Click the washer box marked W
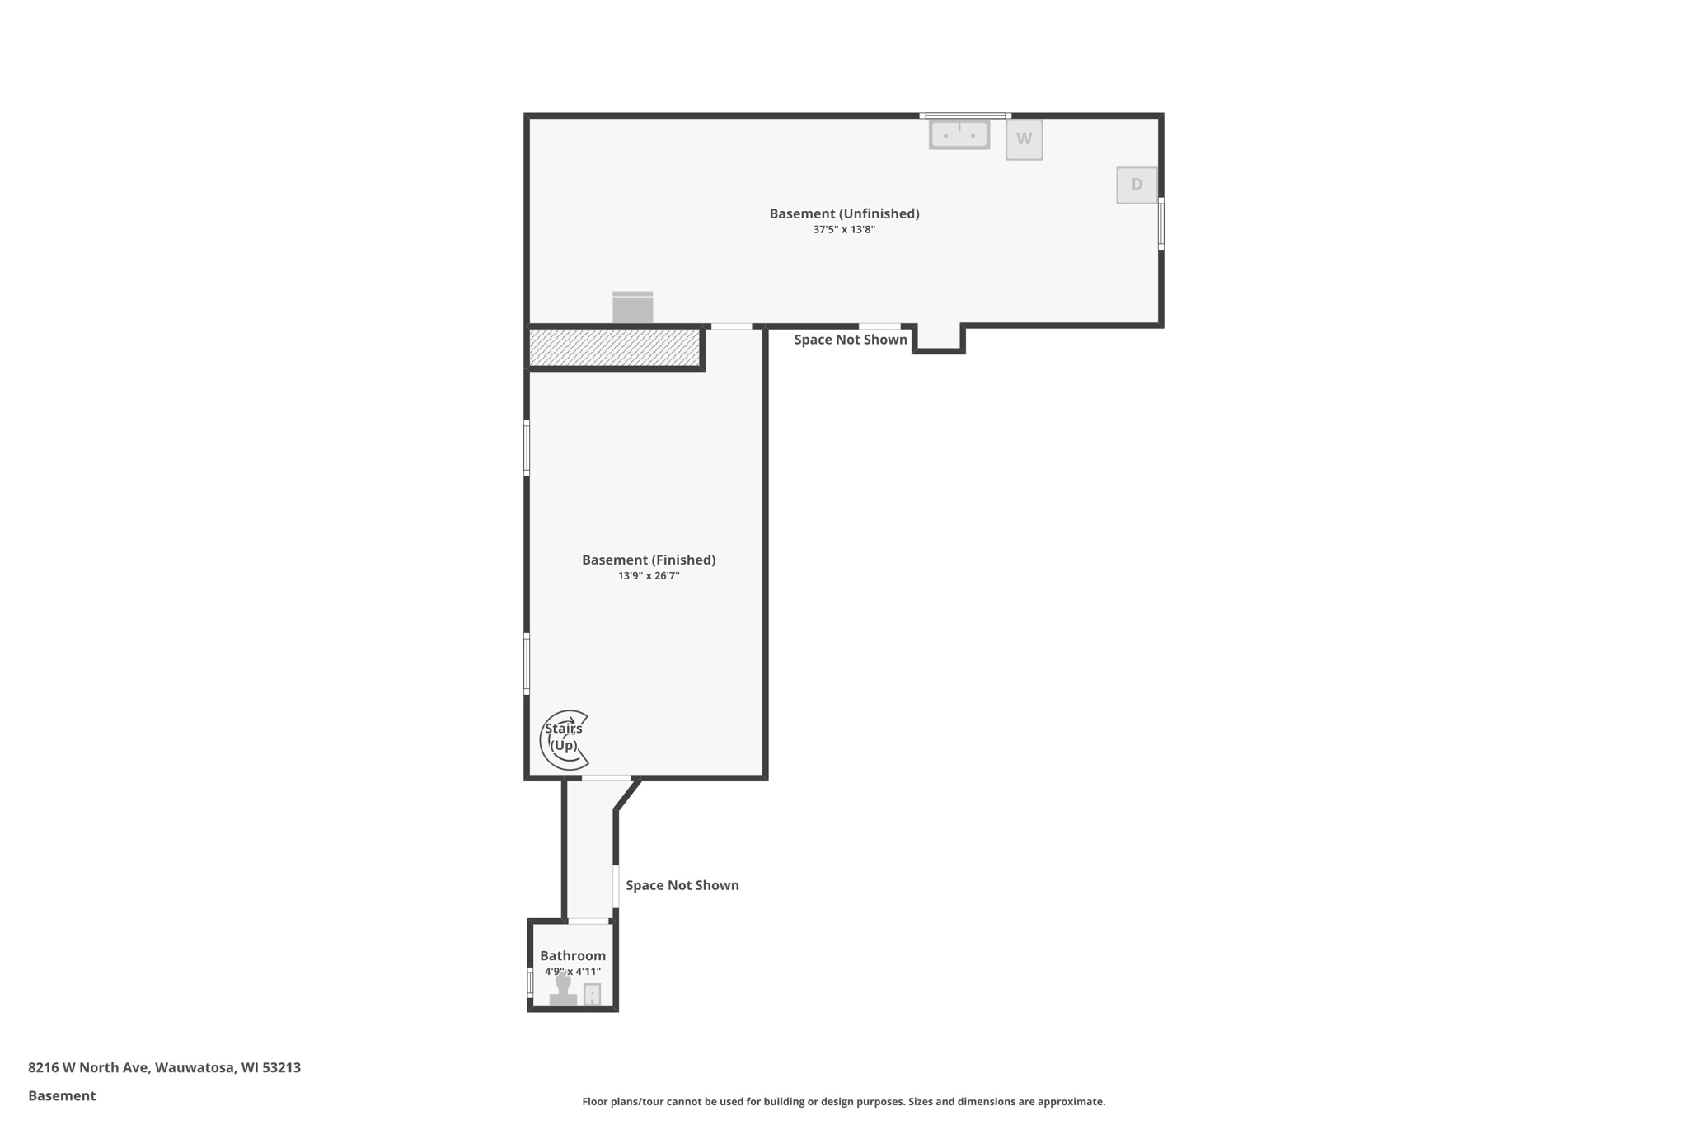click(x=1024, y=139)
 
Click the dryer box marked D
click(x=1137, y=185)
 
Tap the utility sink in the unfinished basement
click(x=959, y=134)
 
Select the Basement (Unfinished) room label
click(x=844, y=213)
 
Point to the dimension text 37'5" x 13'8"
click(x=844, y=230)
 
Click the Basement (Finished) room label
click(x=649, y=560)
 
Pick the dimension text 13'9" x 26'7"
click(x=649, y=576)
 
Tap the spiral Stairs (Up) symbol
click(x=565, y=739)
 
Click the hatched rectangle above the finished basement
click(x=614, y=347)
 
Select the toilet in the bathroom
click(x=563, y=990)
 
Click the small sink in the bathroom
click(x=592, y=995)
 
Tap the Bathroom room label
click(x=573, y=956)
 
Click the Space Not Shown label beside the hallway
click(x=682, y=885)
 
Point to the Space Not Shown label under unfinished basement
click(x=850, y=340)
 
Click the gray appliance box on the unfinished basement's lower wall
click(x=632, y=308)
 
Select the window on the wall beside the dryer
click(x=1160, y=223)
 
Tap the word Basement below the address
click(x=62, y=1095)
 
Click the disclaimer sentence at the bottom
click(x=843, y=1102)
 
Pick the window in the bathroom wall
click(x=530, y=982)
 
